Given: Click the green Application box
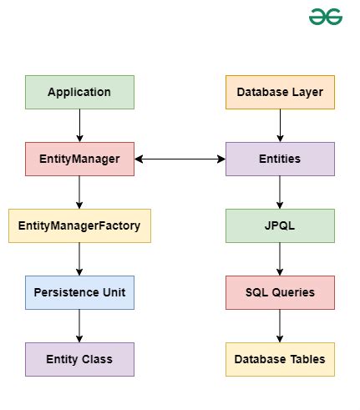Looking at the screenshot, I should click(x=79, y=92).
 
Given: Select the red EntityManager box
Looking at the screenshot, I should click(x=79, y=159).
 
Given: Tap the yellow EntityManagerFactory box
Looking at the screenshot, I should click(x=79, y=225).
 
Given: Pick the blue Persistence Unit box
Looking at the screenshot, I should click(x=79, y=292).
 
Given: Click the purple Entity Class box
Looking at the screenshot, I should click(x=79, y=359).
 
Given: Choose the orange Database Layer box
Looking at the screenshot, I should click(x=280, y=92).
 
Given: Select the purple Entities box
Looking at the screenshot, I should click(x=280, y=159).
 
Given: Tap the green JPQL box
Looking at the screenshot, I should click(x=280, y=225).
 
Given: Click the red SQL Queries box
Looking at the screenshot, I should click(x=280, y=292).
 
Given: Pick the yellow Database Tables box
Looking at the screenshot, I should click(x=280, y=359).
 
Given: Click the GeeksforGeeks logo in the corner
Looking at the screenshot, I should click(x=326, y=17).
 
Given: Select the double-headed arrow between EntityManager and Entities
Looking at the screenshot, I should click(x=180, y=159).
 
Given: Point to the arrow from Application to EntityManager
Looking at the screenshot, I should click(x=79, y=125).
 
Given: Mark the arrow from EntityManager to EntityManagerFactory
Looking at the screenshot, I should click(x=79, y=192).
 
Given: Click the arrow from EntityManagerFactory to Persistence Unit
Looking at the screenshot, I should click(x=79, y=259).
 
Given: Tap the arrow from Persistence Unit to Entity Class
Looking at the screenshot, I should click(x=79, y=326).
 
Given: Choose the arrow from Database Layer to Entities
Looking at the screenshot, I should click(x=280, y=125).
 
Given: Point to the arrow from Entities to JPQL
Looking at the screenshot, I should click(x=280, y=192).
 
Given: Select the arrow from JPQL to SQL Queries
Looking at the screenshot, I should click(x=280, y=259).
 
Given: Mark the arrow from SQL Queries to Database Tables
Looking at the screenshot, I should click(x=280, y=326).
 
